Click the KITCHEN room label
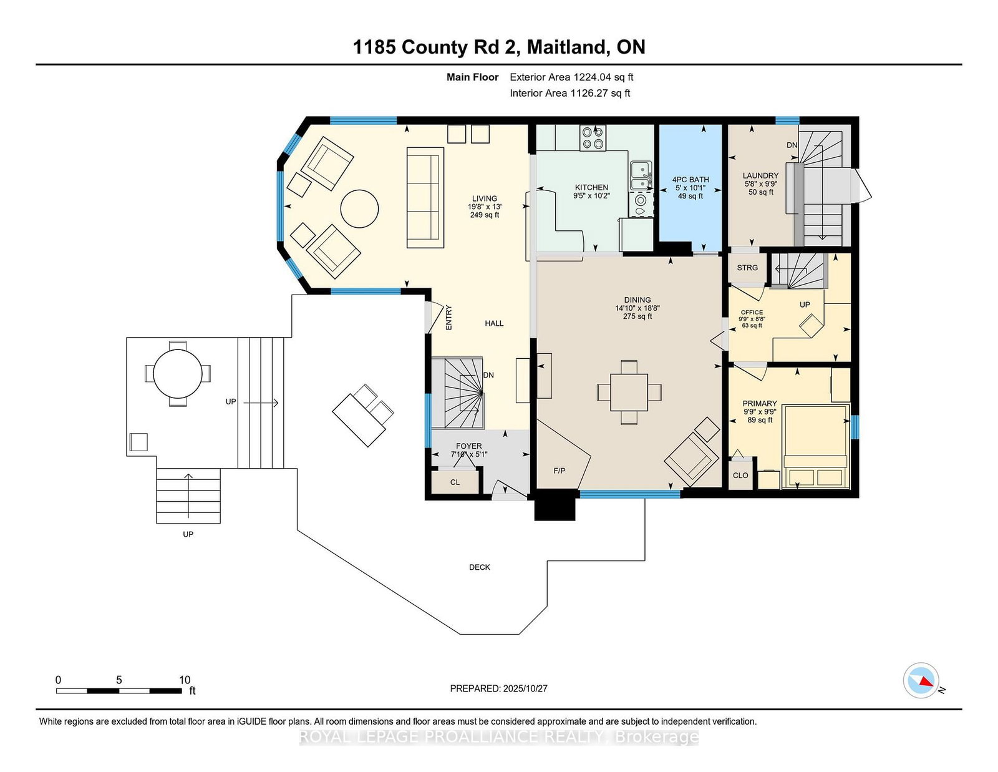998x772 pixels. pos(591,187)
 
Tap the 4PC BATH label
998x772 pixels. pos(690,180)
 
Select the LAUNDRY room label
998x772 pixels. pos(760,175)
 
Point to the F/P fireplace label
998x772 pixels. pos(559,471)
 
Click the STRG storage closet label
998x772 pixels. pos(747,268)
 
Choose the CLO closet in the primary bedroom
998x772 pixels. pos(740,475)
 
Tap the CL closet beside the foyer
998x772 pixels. pos(455,482)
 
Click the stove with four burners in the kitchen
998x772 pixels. pos(593,137)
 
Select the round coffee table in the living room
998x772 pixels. pos(359,208)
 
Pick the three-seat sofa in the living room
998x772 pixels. pos(425,198)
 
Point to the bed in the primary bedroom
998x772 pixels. pos(815,446)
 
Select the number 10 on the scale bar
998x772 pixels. pos(185,680)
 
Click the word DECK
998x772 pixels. pos(480,567)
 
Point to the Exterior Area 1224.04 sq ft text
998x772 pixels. pos(571,77)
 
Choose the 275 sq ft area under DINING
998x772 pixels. pos(637,316)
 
